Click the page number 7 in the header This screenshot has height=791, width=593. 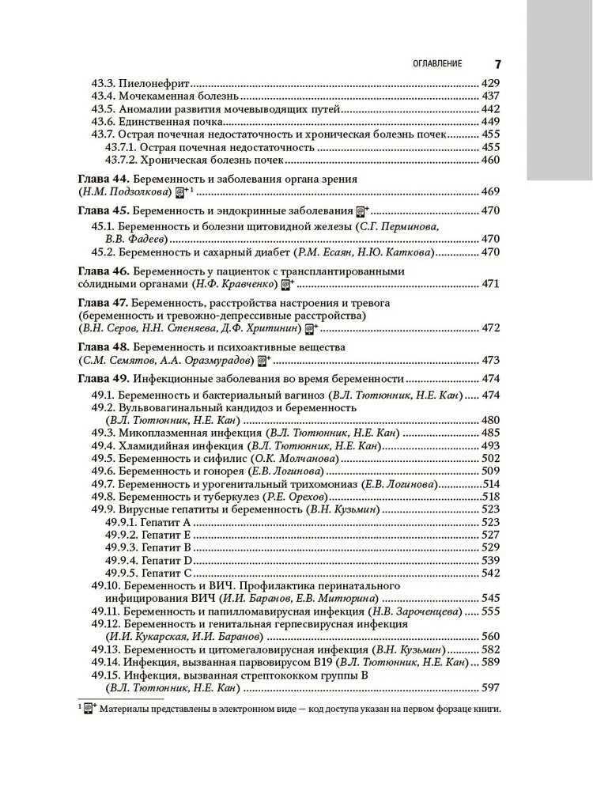[498, 63]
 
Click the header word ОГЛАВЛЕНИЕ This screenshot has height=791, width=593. [433, 63]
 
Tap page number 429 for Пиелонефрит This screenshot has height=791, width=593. [490, 83]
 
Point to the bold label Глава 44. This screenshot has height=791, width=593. [103, 179]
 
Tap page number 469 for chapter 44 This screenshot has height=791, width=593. [490, 192]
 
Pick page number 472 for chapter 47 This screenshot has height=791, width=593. [490, 327]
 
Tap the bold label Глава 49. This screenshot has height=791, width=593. [103, 378]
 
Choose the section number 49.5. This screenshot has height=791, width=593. [104, 458]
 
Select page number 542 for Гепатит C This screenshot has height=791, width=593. [490, 573]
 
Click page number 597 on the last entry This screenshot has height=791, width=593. [490, 688]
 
